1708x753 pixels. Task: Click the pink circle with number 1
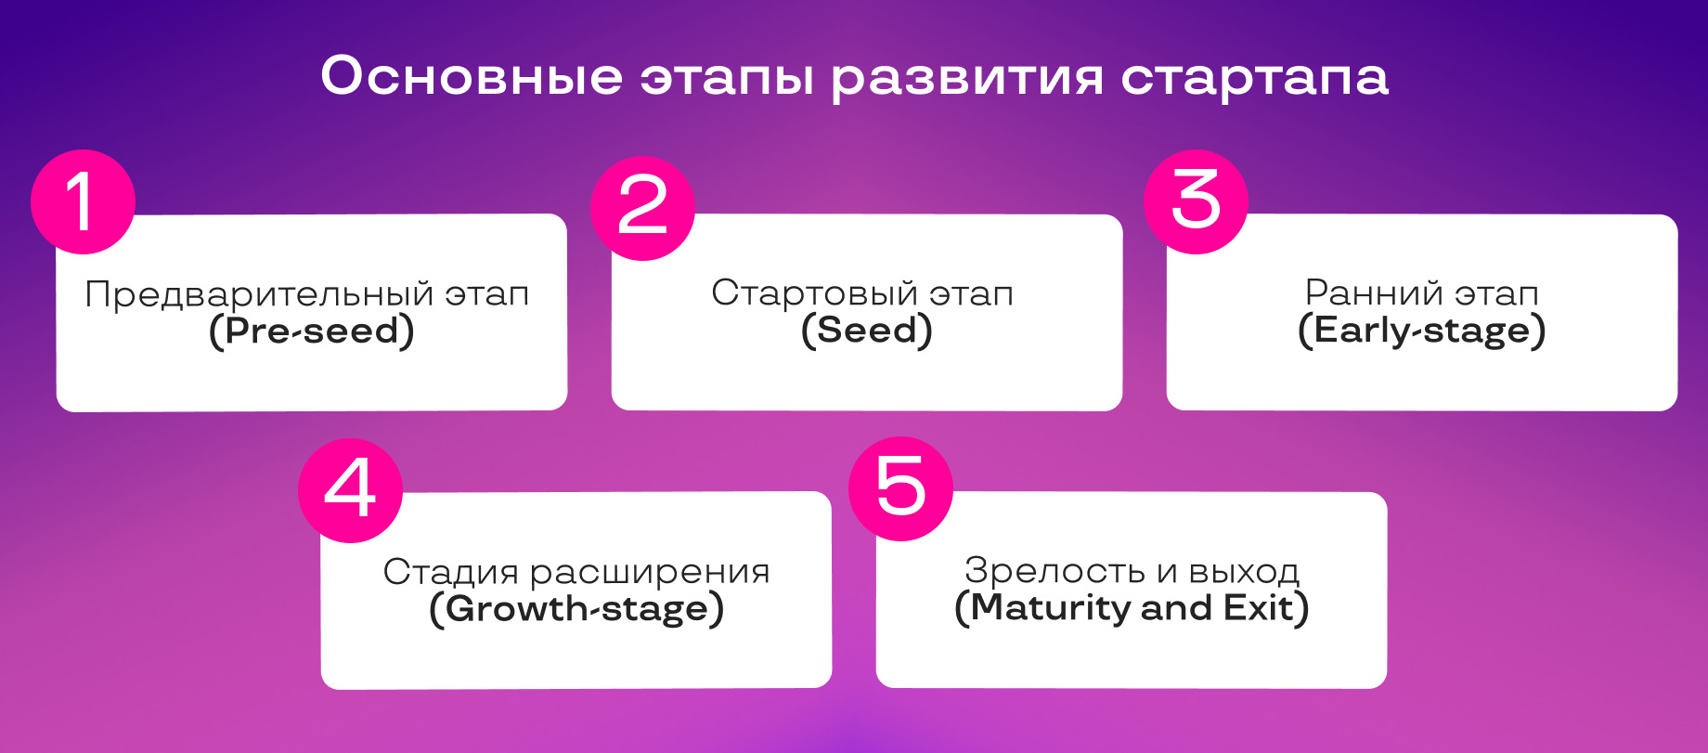coord(83,201)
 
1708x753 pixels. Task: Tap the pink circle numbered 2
coord(642,207)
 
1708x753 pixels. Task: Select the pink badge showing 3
coord(1196,201)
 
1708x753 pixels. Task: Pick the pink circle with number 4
coord(350,490)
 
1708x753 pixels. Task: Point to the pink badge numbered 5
coord(901,488)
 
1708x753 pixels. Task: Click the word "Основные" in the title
coord(472,76)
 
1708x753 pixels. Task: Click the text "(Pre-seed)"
coord(312,331)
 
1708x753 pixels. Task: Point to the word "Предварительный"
coord(260,295)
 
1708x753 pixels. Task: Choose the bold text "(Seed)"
coord(867,331)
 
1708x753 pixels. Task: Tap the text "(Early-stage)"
coord(1422,331)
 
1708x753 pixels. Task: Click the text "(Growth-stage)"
coord(576,610)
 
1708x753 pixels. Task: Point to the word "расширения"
coord(650,574)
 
